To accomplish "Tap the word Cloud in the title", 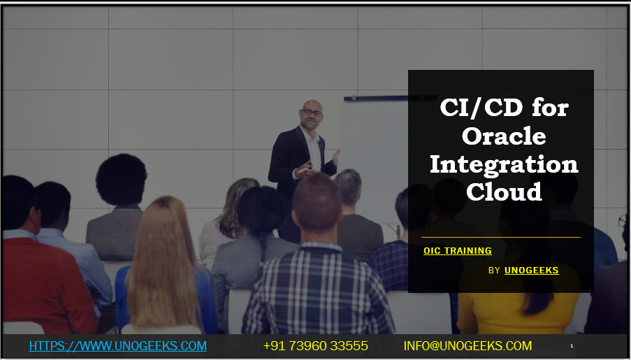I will click(504, 191).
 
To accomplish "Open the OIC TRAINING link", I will click(458, 251).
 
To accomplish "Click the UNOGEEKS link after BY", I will click(531, 270).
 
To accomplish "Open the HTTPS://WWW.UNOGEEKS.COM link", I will click(117, 346).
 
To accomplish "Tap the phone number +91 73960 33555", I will click(315, 346).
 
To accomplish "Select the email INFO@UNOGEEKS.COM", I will click(467, 346).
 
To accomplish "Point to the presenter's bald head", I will click(311, 106).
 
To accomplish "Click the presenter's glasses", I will click(312, 113).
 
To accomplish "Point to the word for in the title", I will click(550, 108).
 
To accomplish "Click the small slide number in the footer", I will click(572, 346).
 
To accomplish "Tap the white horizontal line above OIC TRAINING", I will click(501, 237).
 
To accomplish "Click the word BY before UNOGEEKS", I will click(494, 270).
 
